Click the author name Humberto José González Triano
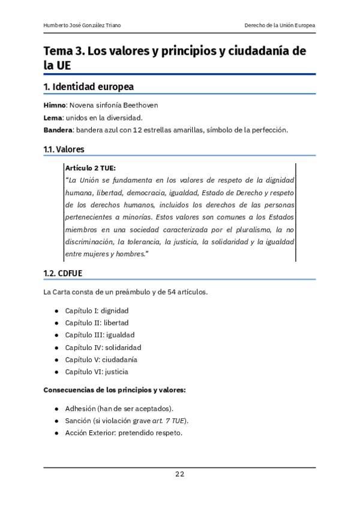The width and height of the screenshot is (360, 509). point(82,25)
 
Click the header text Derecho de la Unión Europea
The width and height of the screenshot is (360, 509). point(280,25)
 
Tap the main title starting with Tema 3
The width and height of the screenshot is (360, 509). point(175,58)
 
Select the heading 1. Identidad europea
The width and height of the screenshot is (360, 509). point(89,87)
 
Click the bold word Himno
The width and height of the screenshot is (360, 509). point(55,105)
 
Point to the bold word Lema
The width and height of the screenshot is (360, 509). point(53,118)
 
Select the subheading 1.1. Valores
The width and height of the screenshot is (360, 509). point(64,149)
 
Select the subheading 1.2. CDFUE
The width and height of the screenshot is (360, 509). point(63,273)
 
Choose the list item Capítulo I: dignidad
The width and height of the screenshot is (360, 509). point(97,311)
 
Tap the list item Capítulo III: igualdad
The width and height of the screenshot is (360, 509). point(100,335)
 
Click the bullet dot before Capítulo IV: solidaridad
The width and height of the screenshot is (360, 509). point(56,348)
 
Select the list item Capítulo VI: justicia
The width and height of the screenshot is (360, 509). point(97,372)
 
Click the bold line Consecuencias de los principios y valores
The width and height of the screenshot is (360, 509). point(115,390)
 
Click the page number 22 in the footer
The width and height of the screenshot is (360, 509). point(179,474)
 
